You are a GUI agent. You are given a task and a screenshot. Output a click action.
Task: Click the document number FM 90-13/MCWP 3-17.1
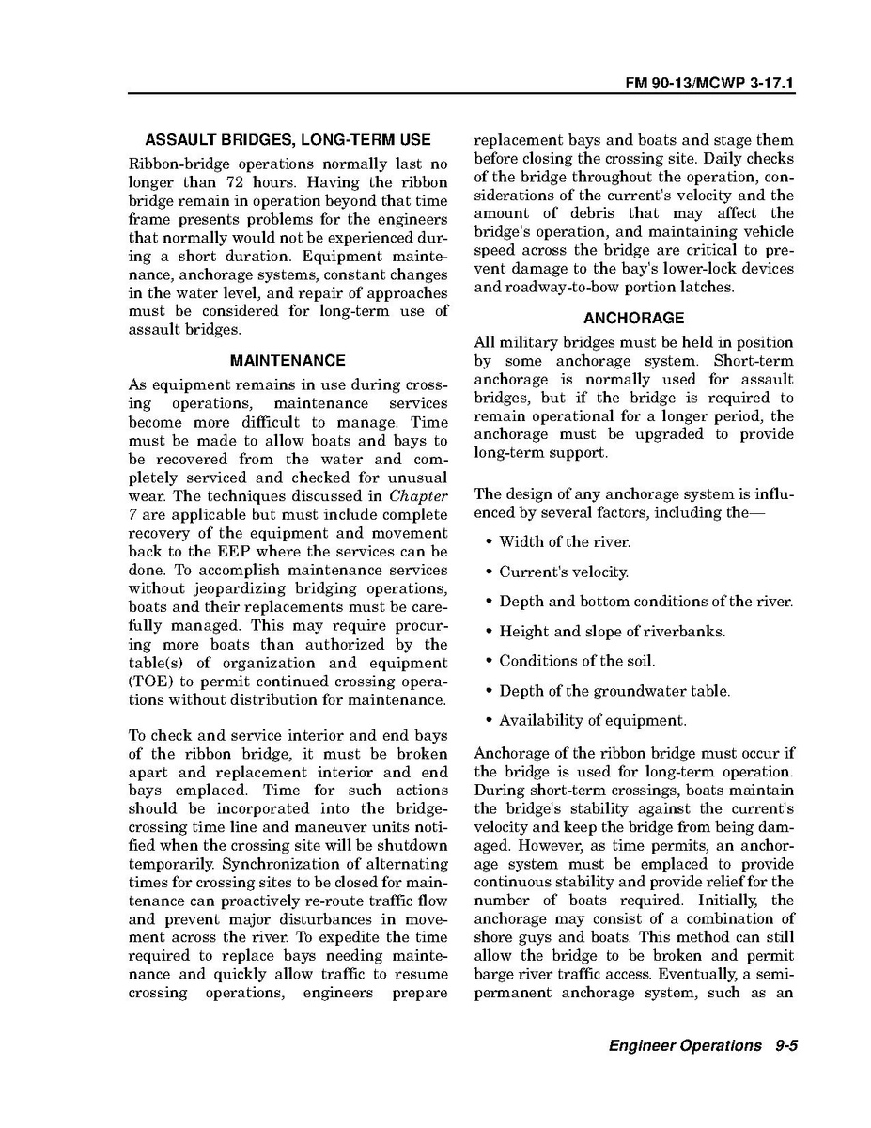coord(710,84)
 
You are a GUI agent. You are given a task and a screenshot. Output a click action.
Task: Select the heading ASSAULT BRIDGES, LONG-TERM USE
coord(288,140)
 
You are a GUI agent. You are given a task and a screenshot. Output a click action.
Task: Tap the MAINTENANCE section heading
coord(288,360)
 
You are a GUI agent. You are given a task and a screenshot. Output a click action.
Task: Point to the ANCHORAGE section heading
coord(633,318)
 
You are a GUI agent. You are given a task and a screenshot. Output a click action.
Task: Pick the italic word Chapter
coord(418,496)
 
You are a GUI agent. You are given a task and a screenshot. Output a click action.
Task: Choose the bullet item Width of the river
coord(565,541)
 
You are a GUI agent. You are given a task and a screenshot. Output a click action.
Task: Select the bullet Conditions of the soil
coord(577,661)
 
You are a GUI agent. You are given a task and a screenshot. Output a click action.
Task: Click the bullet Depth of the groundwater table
coord(614,691)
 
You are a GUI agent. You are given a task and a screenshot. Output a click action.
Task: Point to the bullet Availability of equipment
coord(592,721)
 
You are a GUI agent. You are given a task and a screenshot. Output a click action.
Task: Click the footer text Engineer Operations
coord(685,1045)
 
